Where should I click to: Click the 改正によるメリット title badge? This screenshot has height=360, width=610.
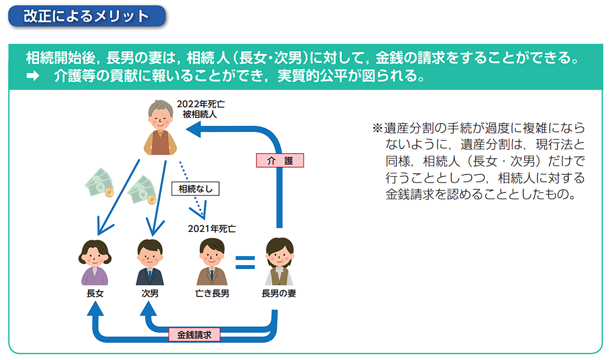87,16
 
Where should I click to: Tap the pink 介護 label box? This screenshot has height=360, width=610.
279,161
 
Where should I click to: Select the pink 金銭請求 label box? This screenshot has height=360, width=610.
194,334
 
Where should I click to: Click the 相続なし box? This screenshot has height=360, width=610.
195,189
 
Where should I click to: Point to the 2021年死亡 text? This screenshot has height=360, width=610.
212,229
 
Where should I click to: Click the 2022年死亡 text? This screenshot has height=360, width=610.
201,104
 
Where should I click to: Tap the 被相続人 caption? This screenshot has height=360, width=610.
200,115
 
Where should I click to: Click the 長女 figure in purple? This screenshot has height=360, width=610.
95,262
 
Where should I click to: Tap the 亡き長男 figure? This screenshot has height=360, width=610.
212,262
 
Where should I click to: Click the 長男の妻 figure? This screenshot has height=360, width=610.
279,262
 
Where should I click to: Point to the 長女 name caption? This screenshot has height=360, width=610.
95,294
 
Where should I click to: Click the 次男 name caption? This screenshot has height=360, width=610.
150,294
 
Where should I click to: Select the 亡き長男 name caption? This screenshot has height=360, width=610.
212,294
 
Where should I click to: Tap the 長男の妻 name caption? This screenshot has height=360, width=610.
279,294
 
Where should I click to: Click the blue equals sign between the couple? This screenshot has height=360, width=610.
245,263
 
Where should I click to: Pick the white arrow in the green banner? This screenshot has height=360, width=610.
33,75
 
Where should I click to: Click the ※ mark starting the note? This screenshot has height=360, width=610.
377,128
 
